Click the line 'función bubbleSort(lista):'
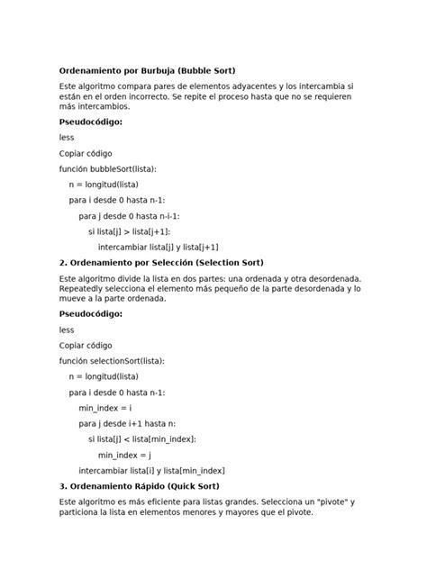(x=108, y=168)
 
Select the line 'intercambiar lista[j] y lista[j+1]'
(x=158, y=247)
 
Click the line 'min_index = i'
(x=105, y=408)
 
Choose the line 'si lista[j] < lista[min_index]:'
(x=141, y=438)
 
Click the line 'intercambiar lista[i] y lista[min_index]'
(x=151, y=470)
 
